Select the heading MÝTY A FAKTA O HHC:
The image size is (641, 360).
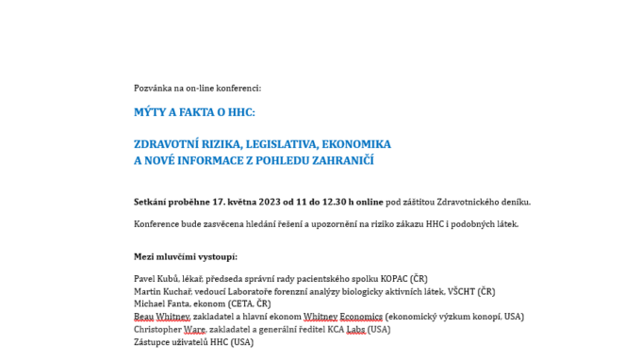194,112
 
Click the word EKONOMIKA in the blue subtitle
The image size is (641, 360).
356,144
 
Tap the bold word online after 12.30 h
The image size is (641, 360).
370,202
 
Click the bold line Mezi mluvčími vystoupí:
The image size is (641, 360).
186,256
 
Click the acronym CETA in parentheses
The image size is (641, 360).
239,303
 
